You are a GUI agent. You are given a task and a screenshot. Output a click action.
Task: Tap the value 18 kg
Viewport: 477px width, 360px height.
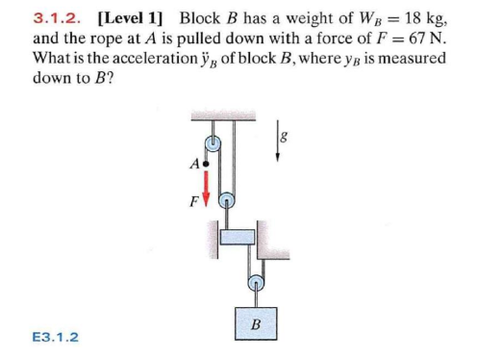(x=418, y=16)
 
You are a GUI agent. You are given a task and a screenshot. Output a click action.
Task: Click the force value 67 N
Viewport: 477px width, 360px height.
(x=419, y=39)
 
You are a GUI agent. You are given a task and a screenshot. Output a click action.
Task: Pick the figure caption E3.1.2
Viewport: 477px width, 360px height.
(x=56, y=337)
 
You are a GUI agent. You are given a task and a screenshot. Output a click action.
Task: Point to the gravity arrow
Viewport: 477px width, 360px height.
(x=280, y=142)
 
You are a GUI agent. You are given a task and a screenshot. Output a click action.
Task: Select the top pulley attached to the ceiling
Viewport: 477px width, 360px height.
(x=214, y=142)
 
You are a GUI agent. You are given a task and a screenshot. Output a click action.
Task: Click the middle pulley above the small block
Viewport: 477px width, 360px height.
(x=228, y=202)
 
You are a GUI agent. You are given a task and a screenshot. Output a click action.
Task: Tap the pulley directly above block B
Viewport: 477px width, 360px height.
(x=255, y=283)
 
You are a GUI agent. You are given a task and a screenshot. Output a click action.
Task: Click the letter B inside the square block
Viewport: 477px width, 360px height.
(x=255, y=322)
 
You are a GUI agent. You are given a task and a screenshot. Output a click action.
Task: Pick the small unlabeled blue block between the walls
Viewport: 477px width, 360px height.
(x=238, y=236)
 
